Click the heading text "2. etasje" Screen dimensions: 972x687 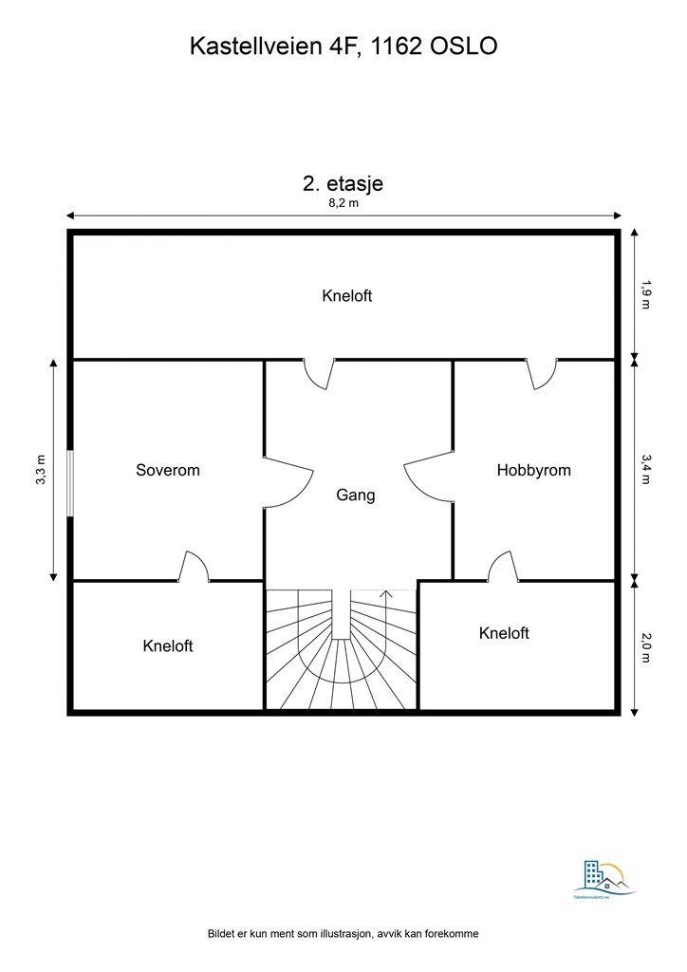click(x=343, y=184)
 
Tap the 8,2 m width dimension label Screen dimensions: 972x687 click(x=343, y=202)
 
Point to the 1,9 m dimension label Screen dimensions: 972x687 click(x=646, y=295)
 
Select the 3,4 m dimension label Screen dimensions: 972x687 click(x=646, y=468)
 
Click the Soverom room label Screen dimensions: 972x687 click(x=168, y=470)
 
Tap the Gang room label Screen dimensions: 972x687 click(x=356, y=495)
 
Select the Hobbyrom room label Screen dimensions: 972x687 click(x=534, y=470)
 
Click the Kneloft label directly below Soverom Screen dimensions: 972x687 click(x=168, y=646)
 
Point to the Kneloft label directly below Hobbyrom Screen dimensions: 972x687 click(x=504, y=633)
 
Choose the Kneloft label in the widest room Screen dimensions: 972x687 click(x=347, y=295)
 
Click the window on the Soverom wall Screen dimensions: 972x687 click(x=69, y=482)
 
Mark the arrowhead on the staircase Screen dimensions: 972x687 click(x=385, y=594)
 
